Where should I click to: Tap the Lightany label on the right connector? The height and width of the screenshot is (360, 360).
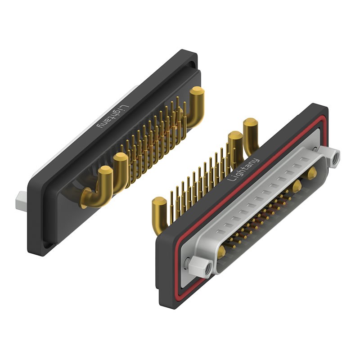pyautogui.click(x=243, y=170)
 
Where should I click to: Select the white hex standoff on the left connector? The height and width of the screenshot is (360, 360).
pyautogui.click(x=21, y=201)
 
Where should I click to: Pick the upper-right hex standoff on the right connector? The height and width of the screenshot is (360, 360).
pyautogui.click(x=329, y=158)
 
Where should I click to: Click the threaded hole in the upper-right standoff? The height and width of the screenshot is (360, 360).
pyautogui.click(x=335, y=158)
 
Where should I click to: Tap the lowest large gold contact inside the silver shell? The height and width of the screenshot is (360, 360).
pyautogui.click(x=221, y=252)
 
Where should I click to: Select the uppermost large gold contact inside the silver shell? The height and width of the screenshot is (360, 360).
pyautogui.click(x=312, y=173)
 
